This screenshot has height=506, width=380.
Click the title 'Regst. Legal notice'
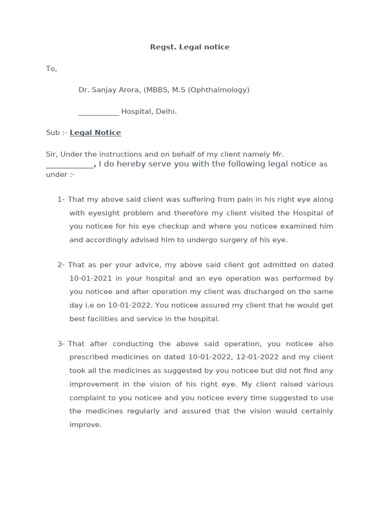pyautogui.click(x=190, y=47)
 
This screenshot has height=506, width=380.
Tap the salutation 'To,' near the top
pyautogui.click(x=51, y=69)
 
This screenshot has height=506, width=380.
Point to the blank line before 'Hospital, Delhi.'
pyautogui.click(x=98, y=112)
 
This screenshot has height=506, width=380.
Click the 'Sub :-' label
pyautogui.click(x=56, y=133)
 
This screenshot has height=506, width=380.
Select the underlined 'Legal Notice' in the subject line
pyautogui.click(x=95, y=133)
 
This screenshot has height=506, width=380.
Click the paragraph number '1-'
pyautogui.click(x=61, y=200)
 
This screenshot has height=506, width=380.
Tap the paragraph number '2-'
pyautogui.click(x=61, y=265)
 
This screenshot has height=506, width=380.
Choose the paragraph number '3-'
pyautogui.click(x=61, y=343)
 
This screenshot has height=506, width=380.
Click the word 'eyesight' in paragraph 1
pyautogui.click(x=102, y=213)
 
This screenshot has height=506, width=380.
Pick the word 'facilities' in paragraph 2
pyautogui.click(x=102, y=319)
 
